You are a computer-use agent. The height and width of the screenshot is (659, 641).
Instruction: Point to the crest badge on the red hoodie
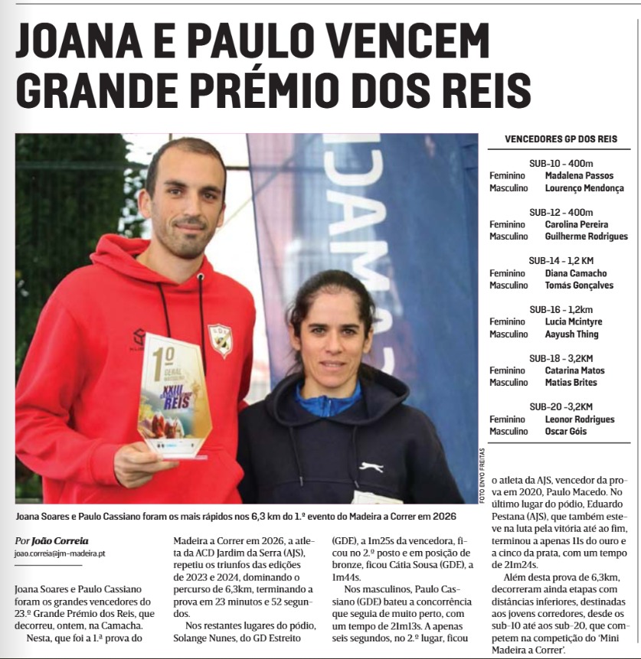[220, 341]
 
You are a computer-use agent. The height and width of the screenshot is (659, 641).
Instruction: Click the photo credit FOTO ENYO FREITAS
[482, 475]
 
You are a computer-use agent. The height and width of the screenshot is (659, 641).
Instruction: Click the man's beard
[188, 240]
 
